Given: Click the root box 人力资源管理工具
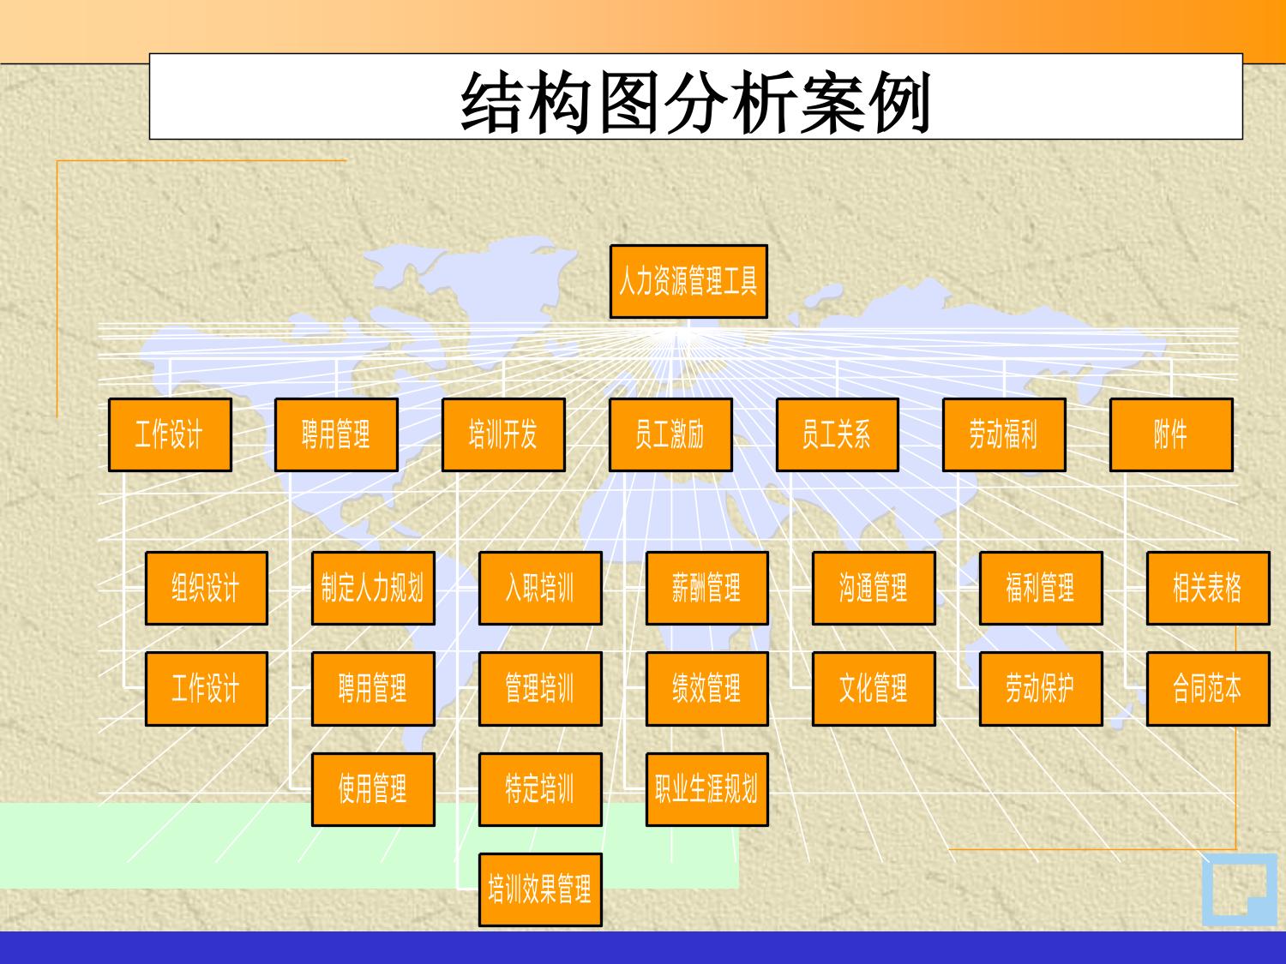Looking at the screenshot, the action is pos(688,282).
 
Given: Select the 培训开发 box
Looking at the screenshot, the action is pos(503,435).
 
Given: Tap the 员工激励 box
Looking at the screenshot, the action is pos(670,435).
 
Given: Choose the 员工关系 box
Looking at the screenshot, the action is pos(838,435).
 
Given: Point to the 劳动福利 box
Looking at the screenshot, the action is pos(1004,435).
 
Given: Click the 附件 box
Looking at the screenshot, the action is pos(1171,435).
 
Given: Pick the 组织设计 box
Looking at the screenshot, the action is pos(207,588).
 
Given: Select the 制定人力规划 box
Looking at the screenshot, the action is pos(373,588).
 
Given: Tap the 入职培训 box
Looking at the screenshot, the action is pos(540,588).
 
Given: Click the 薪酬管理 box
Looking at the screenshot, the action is pos(707,588).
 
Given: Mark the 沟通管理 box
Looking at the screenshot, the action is pos(874,588).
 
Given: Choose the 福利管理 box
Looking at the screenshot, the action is pos(1041,588).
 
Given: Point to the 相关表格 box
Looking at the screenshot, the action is pos(1208,588).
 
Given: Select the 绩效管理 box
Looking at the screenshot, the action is pos(707,689).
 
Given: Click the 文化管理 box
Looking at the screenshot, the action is pos(874,689).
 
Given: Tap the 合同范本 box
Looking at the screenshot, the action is pos(1208,689).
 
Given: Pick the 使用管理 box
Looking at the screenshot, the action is pos(373,789).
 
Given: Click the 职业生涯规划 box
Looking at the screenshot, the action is pos(707,789).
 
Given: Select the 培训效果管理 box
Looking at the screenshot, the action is pos(540,889).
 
